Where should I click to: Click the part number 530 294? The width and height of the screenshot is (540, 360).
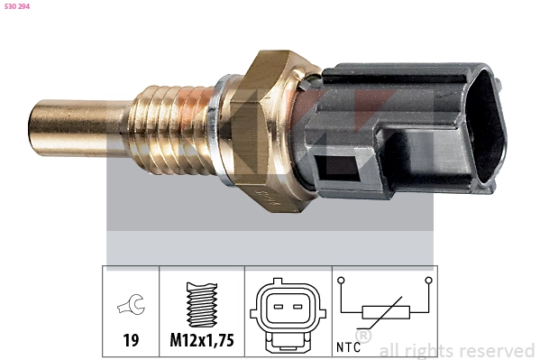[x=17, y=7]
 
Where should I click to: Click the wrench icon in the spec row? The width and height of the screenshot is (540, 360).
[x=129, y=308]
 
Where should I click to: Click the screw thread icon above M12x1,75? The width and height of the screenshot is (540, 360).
[x=202, y=304]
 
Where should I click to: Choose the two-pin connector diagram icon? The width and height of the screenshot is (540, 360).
[x=288, y=312]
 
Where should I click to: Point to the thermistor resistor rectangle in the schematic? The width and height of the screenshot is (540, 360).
[x=385, y=313]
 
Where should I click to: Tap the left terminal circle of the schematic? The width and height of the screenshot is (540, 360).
[x=342, y=281]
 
